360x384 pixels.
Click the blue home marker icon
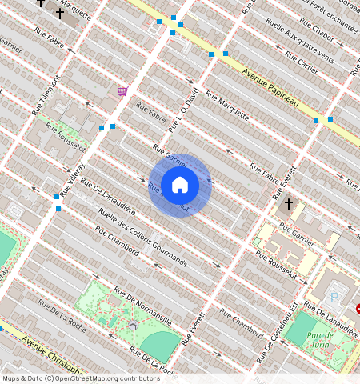coord(180,185)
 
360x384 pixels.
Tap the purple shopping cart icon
coord(122,91)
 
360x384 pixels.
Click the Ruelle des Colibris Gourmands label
coord(142,238)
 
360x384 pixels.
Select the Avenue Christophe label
coord(53,354)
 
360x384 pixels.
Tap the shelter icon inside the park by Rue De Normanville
coord(133,326)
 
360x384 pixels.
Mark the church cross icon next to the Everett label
coord(290,204)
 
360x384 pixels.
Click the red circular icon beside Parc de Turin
coord(358,309)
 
